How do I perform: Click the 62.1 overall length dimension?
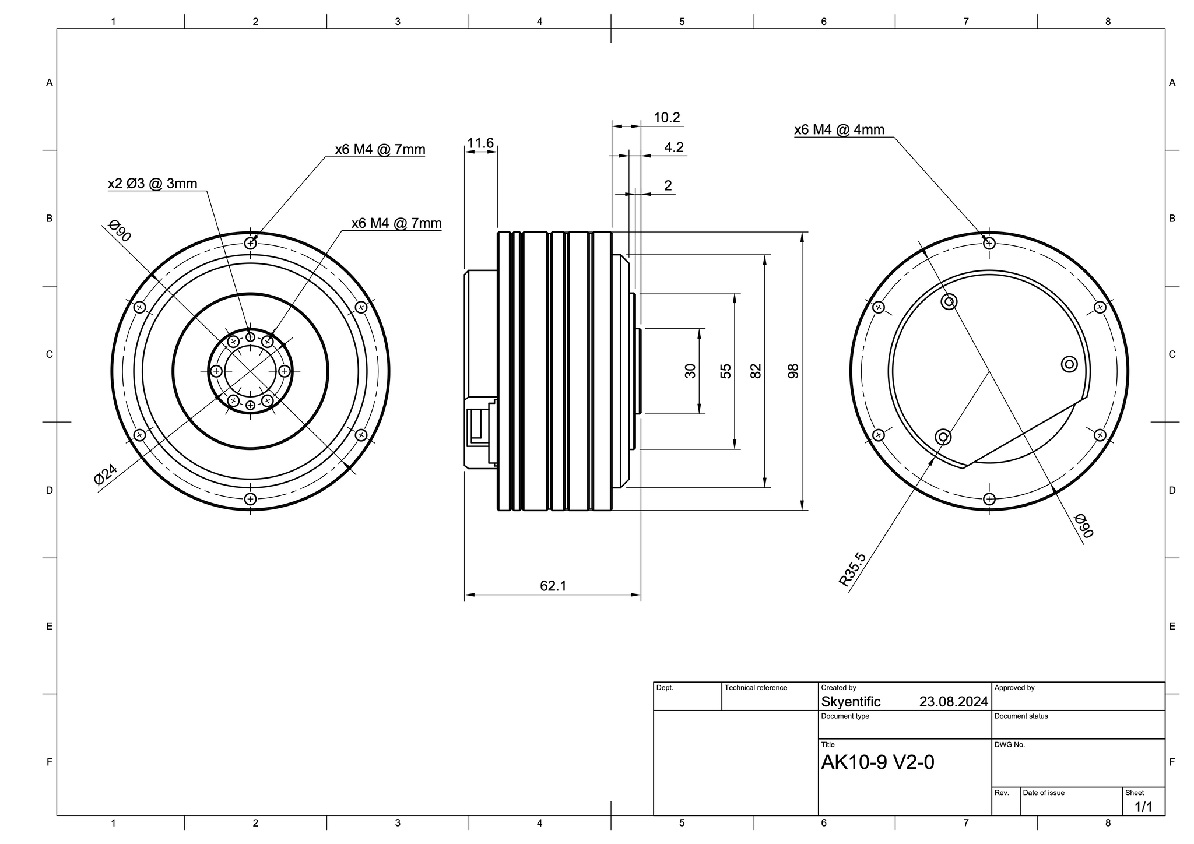[x=553, y=586]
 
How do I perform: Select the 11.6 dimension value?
[x=480, y=143]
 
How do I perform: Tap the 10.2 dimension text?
[x=666, y=118]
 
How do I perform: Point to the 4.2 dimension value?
[x=673, y=147]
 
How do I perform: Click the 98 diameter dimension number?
[x=793, y=371]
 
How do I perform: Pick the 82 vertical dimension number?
[x=756, y=371]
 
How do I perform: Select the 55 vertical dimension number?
[x=725, y=371]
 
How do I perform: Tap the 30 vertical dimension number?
[x=690, y=371]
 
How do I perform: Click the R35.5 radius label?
[x=852, y=569]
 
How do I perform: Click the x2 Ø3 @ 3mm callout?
[x=152, y=184]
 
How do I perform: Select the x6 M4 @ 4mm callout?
[x=839, y=129]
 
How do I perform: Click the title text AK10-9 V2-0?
[x=877, y=762]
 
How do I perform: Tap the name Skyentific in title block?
[x=851, y=702]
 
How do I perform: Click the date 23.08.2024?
[x=953, y=702]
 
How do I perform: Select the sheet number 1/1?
[x=1143, y=807]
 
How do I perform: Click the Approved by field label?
[x=1014, y=688]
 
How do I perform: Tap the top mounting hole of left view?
[x=250, y=243]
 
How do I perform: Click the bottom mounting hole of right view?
[x=989, y=499]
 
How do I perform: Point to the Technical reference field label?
[x=756, y=688]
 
